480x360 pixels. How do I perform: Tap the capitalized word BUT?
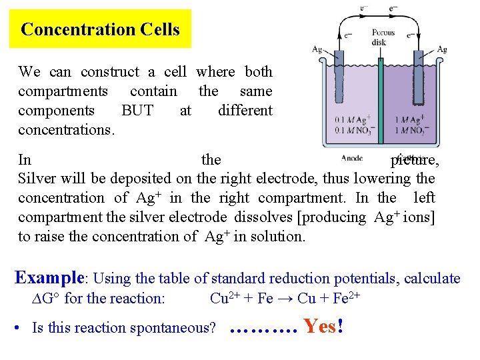(x=137, y=110)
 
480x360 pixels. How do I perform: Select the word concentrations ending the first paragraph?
(x=66, y=129)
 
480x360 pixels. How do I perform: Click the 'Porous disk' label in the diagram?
(x=383, y=37)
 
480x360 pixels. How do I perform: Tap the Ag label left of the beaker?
(x=318, y=49)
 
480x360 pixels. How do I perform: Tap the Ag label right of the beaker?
(x=441, y=49)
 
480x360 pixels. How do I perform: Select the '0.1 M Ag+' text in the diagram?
(x=353, y=120)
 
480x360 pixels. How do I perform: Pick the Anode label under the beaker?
(x=351, y=158)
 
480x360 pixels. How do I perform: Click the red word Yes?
(x=323, y=327)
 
